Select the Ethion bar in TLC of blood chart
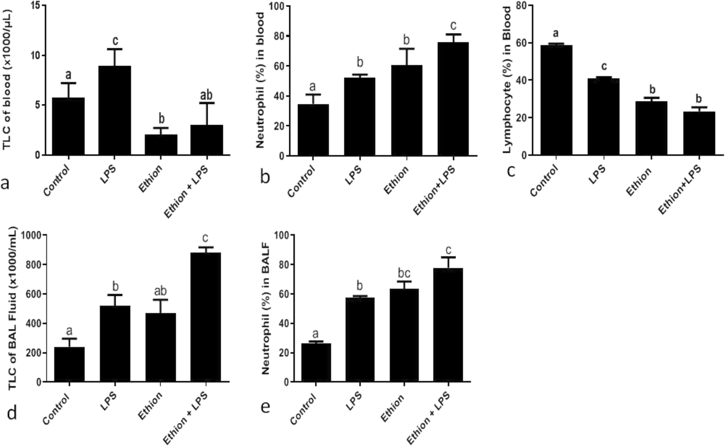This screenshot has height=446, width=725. pyautogui.click(x=161, y=145)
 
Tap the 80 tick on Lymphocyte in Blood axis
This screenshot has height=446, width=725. pyautogui.click(x=520, y=6)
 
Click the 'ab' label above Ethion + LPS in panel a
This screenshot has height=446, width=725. pyautogui.click(x=206, y=95)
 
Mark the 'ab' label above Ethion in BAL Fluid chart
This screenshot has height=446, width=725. pyautogui.click(x=160, y=291)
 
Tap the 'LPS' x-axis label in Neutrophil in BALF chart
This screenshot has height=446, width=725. pyautogui.click(x=354, y=402)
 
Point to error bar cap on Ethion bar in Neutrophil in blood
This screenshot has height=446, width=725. pyautogui.click(x=406, y=49)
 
